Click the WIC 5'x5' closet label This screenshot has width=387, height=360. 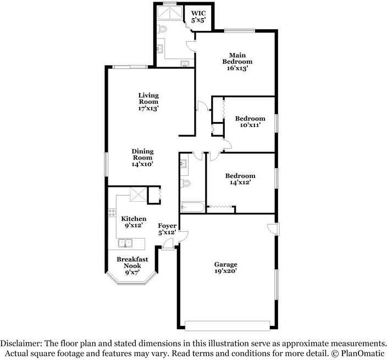pos(198,16)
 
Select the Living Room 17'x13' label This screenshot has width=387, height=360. pos(148,102)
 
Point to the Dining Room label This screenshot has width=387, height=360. pos(143,154)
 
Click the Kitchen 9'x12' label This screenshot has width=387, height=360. pos(134,222)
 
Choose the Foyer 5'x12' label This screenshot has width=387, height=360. pos(167,229)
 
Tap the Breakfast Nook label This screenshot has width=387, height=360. pos(132,262)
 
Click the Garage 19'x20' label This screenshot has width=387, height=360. pos(225,268)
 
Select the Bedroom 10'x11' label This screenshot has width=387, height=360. pos(250,121)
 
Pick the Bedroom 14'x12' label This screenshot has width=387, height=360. pos(240,179)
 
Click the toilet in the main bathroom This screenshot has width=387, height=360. pos(162,29)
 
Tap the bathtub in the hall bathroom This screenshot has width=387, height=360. pos(192,207)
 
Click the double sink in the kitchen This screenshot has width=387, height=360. pos(125,243)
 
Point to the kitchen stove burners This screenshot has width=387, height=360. pos(112,213)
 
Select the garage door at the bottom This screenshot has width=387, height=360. pos(228,325)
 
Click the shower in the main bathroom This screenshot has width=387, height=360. pos(170,13)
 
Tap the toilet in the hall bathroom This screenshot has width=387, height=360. pos(186,184)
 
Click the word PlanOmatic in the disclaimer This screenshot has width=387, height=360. pos(363,353)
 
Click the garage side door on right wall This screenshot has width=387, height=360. pos(273,228)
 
